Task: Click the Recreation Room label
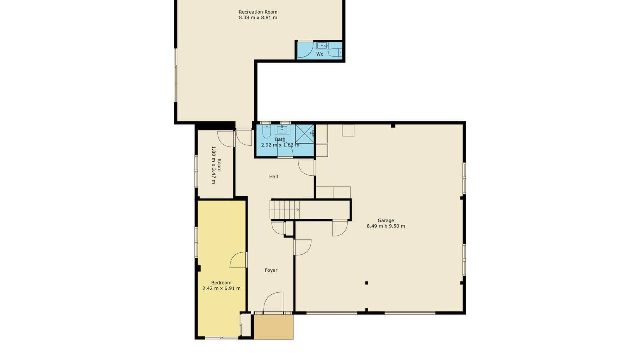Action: coord(258,12)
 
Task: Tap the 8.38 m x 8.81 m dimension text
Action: coord(258,18)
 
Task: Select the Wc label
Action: coord(320,54)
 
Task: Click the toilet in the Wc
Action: coord(334,52)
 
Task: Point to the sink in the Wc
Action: coord(322,45)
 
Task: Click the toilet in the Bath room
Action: coord(266,131)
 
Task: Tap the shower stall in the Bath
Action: coord(304,134)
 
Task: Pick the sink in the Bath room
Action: coord(282,129)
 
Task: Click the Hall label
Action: coord(273,177)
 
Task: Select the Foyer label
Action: coord(271,270)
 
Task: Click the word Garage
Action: coord(386,220)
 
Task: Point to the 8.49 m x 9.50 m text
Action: coord(386,226)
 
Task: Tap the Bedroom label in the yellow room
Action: coord(221,283)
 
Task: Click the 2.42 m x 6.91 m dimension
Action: coord(221,288)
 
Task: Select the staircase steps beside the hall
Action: coord(285,210)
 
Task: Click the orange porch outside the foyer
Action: coord(273,327)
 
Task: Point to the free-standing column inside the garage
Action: coord(366,283)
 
